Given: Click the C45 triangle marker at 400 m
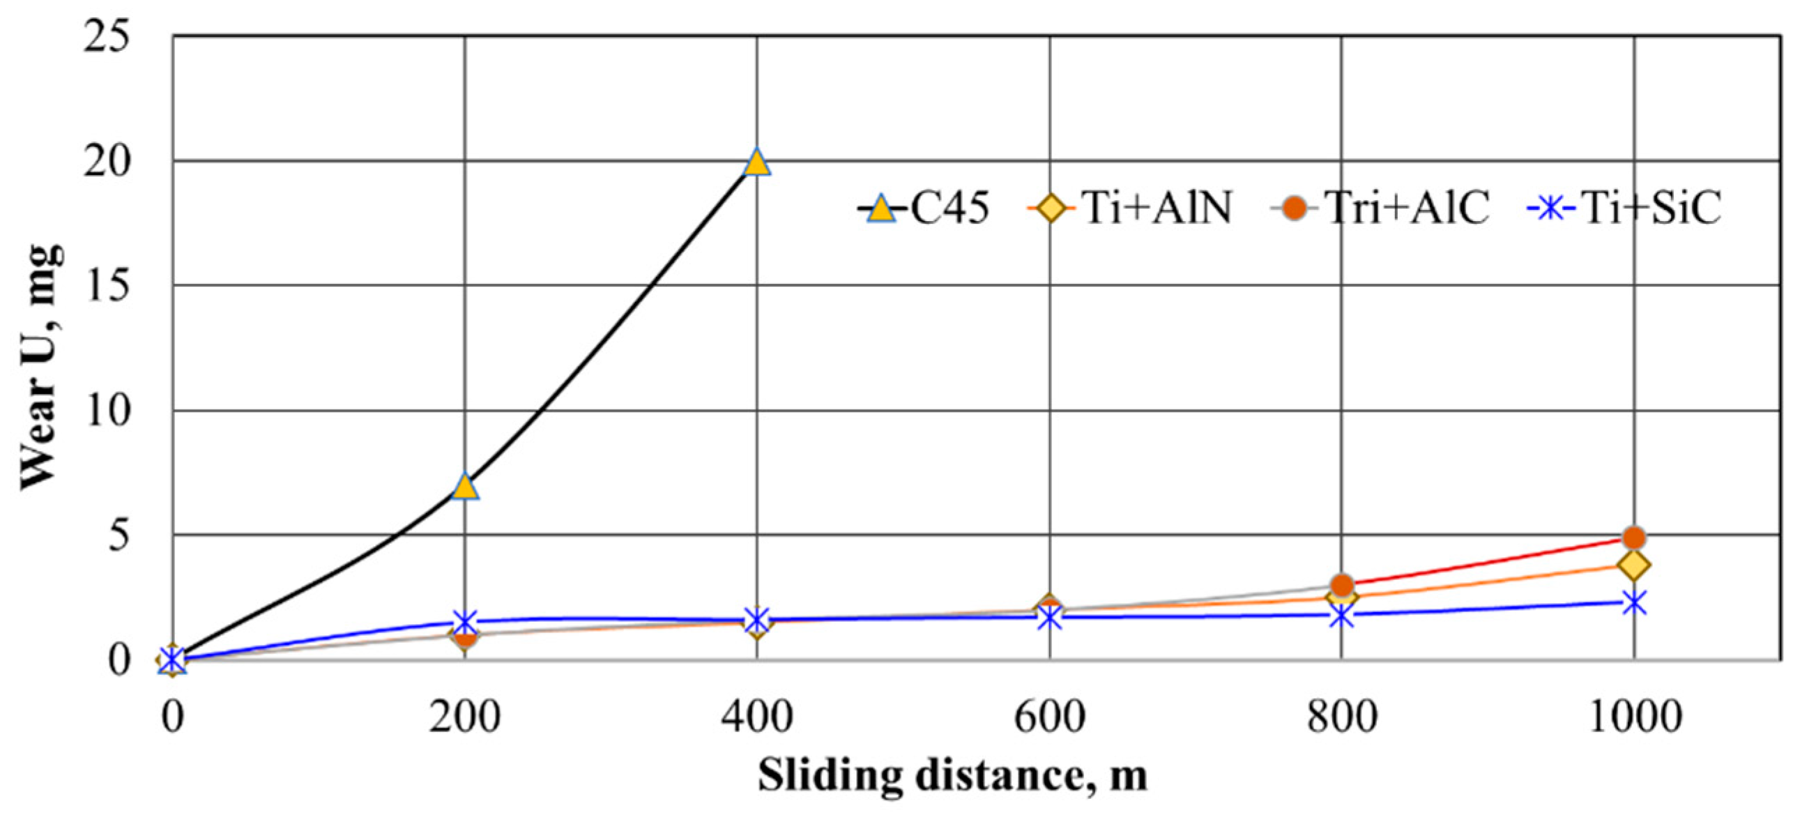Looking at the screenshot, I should coord(757,163).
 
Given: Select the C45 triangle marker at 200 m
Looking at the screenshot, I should coord(466,487).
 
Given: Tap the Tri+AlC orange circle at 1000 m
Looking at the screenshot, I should coord(1633,538).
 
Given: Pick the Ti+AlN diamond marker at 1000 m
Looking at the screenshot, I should coord(1633,565).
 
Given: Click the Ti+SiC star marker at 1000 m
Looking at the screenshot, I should coord(1633,602).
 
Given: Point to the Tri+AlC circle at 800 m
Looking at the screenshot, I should coord(1341,585).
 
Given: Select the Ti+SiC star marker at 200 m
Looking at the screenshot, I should coord(466,621).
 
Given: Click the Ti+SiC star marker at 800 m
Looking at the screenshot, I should coord(1341,616).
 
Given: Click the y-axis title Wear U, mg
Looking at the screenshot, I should coord(40,367).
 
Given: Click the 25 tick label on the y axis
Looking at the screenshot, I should coord(107,36).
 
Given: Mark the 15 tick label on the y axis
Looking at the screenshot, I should coord(107,286).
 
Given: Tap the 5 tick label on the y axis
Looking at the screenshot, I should coord(119,535).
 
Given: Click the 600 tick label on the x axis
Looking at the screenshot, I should coord(1049,717).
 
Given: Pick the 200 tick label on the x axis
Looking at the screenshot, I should coord(466,717).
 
